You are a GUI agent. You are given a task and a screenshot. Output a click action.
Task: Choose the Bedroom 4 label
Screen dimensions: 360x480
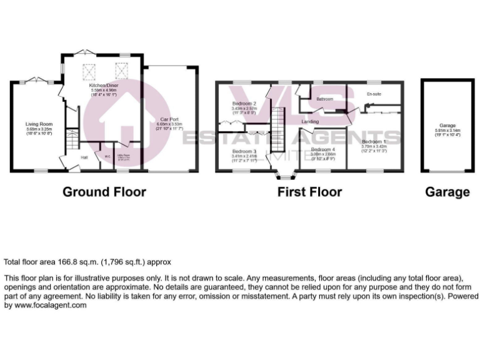coord(323,150)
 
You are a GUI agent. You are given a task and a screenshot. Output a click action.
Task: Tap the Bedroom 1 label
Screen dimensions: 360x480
coord(374,142)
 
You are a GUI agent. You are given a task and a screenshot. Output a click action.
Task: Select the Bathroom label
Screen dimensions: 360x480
coord(324,99)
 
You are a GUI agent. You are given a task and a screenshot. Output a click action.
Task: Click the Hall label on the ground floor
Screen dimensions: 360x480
coord(84,157)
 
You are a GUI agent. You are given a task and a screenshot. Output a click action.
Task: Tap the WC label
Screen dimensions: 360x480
coord(107,157)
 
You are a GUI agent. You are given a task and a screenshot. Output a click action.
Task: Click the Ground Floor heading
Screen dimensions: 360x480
coord(104,192)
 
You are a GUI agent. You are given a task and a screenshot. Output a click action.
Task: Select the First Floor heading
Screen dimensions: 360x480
coord(310,192)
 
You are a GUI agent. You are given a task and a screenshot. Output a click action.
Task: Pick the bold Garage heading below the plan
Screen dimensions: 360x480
coord(447,192)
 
